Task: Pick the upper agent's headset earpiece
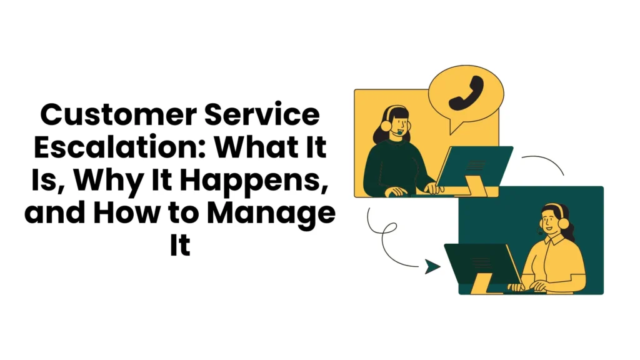386,124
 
